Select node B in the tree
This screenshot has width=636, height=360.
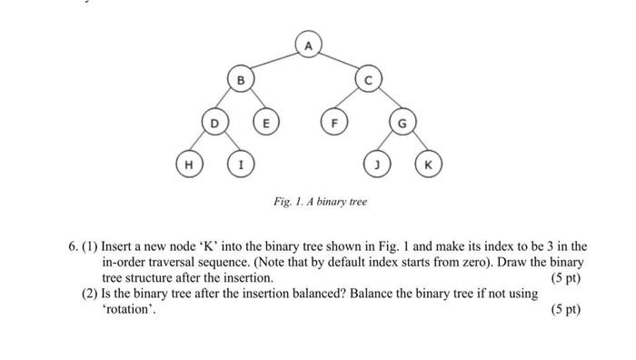pos(241,82)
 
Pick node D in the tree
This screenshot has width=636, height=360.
pos(214,122)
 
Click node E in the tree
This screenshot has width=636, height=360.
pos(266,122)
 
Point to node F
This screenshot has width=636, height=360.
pos(335,122)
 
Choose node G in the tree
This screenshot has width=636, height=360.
pos(400,122)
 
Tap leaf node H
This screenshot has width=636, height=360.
pos(188,165)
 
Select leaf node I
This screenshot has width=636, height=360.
pos(240,165)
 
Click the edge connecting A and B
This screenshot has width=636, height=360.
pos(273,62)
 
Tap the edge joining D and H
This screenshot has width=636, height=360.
pos(201,144)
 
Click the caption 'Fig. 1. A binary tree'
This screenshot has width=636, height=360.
pos(321,201)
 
